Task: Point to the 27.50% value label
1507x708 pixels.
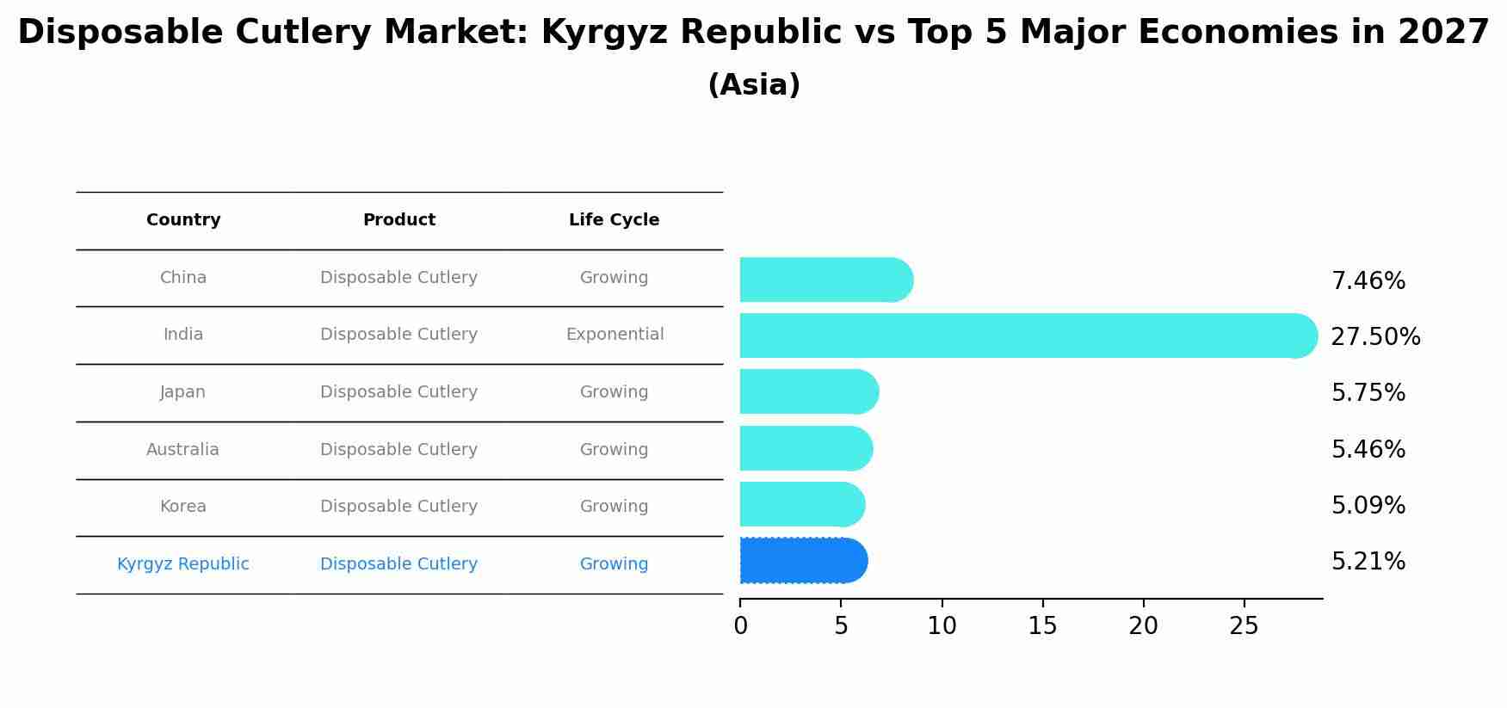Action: tap(1375, 337)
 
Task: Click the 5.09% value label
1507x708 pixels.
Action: tap(1368, 506)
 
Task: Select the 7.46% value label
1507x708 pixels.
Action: tap(1368, 281)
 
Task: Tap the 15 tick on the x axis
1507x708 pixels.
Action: tap(1042, 626)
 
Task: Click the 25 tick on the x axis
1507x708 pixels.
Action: tap(1244, 626)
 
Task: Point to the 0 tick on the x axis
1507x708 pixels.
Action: tap(740, 626)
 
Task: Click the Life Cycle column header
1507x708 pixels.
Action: tap(614, 220)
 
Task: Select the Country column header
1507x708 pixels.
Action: tap(183, 220)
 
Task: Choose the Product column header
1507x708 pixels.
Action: tap(398, 220)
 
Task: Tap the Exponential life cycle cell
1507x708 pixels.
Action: tap(615, 335)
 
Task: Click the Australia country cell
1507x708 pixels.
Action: tap(182, 450)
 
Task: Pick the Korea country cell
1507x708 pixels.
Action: tap(182, 507)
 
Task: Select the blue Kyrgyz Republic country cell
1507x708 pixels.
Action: tap(182, 564)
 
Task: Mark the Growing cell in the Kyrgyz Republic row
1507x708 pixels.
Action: tap(614, 564)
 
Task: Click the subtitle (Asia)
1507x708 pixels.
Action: tap(753, 85)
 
